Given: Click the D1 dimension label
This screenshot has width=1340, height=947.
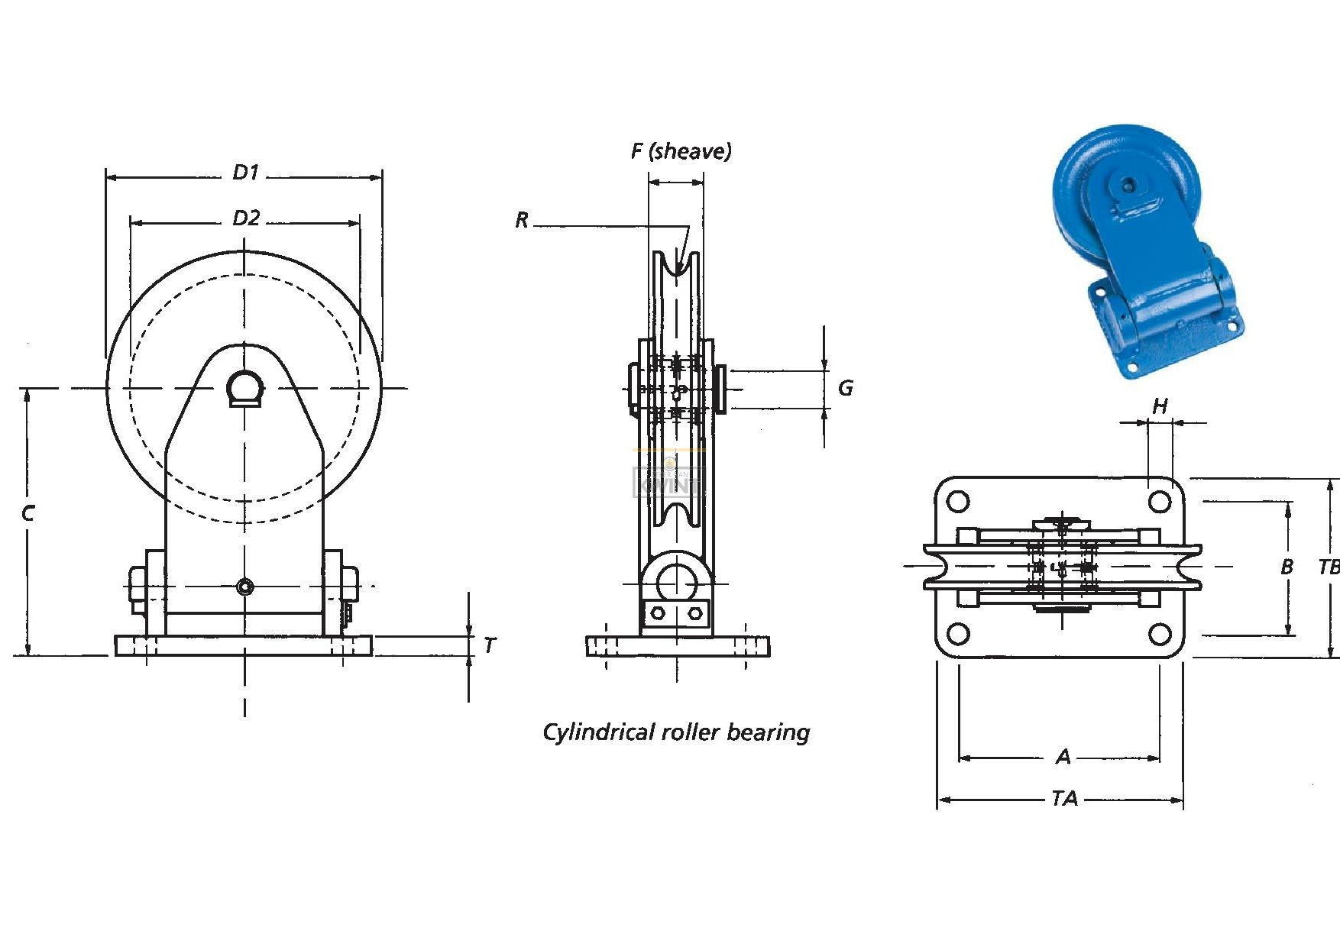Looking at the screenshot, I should point(246,173).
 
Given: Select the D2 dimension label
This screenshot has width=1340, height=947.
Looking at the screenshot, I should point(246,218).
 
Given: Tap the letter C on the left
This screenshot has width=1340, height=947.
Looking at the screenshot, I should point(28,514).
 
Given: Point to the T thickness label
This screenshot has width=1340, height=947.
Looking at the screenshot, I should point(489,646).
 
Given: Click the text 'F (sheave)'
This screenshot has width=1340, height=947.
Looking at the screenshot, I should point(681,151).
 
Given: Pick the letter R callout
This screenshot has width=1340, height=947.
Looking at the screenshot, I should point(522,221).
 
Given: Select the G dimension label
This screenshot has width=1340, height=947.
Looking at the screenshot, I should point(845,388).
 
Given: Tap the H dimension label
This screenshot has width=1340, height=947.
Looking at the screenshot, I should point(1160,406).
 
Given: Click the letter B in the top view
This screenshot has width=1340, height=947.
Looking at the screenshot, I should point(1287,567).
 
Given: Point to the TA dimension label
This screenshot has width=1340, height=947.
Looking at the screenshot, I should point(1064,799).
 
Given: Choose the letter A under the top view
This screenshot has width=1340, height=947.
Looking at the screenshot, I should point(1063,757).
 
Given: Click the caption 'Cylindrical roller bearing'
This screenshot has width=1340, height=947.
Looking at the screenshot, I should point(676,732).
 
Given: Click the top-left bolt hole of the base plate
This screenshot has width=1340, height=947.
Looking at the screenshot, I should point(958,502).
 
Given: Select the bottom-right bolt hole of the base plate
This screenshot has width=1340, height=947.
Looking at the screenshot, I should point(1160,634).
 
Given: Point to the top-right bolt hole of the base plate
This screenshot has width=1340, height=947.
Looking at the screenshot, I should point(1160,502).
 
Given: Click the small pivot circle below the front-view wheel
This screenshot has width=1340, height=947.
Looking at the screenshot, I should point(244,587).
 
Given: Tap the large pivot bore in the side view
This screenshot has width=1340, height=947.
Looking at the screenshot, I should point(675,583).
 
